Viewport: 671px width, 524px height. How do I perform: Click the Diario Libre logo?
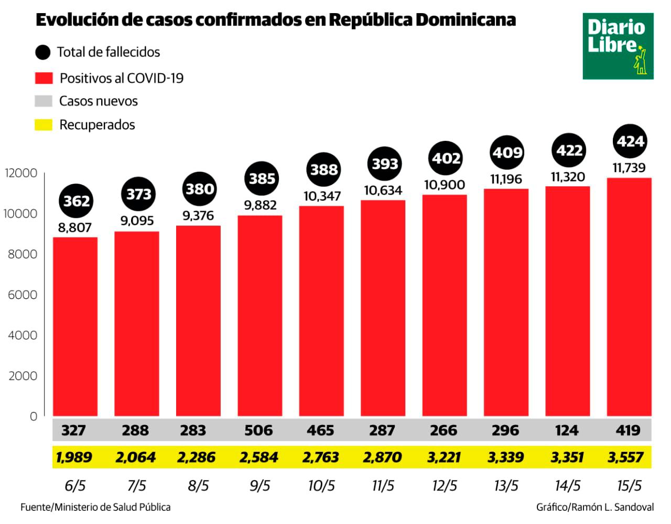click(x=618, y=46)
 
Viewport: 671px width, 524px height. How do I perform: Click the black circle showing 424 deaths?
click(x=630, y=141)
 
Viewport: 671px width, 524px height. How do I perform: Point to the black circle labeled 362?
click(x=77, y=201)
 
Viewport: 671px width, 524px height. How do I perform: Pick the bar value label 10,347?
click(x=322, y=196)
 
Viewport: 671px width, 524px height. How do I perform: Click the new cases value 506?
click(x=258, y=430)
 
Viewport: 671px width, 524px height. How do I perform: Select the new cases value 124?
click(x=567, y=430)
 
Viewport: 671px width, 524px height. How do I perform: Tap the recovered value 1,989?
click(x=74, y=457)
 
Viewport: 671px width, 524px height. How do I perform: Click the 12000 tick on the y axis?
click(x=21, y=173)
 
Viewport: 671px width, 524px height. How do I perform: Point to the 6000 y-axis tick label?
click(x=23, y=295)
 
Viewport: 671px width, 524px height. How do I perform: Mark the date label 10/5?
click(x=321, y=486)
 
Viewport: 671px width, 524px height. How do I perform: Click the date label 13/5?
click(x=506, y=486)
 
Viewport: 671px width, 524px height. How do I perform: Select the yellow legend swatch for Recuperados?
click(x=44, y=125)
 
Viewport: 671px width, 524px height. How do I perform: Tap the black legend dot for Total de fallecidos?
click(x=42, y=52)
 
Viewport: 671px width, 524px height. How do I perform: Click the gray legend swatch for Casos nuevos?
click(x=44, y=101)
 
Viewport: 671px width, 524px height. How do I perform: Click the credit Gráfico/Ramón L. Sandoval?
click(x=594, y=507)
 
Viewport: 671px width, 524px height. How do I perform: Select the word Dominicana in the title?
click(x=466, y=20)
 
